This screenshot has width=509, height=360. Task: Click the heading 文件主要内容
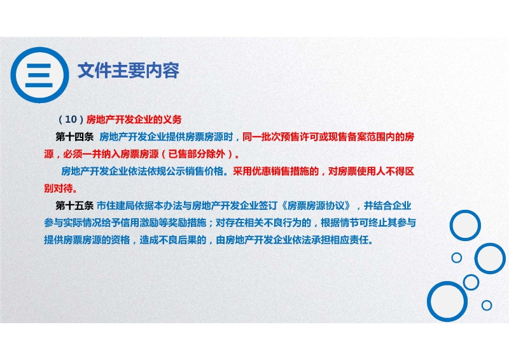129,70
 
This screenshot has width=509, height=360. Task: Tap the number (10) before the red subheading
71,120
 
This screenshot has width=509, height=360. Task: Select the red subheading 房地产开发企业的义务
134,120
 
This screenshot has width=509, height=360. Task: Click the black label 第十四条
74,137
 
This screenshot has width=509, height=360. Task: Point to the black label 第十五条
74,205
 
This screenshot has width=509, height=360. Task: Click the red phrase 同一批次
261,137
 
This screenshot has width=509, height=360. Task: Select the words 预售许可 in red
300,137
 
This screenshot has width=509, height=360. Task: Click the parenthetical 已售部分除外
197,154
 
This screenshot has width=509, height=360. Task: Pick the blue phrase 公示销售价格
195,171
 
